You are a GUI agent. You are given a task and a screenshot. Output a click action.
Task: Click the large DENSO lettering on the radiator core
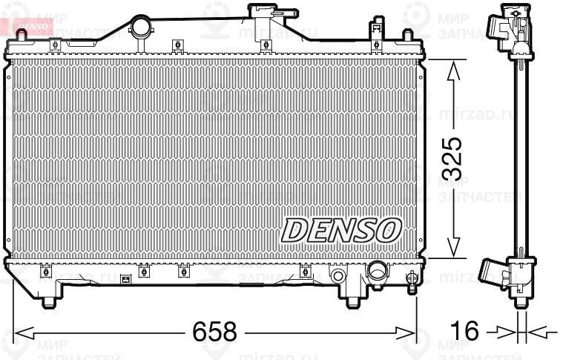tap(340, 229)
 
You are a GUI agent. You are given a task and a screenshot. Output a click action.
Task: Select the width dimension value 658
tap(216, 331)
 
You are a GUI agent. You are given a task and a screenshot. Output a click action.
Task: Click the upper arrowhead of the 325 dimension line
tap(455, 65)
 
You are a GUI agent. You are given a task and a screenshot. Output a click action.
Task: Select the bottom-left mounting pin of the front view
tap(49, 301)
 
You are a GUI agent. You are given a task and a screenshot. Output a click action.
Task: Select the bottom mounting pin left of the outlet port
tap(352, 301)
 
